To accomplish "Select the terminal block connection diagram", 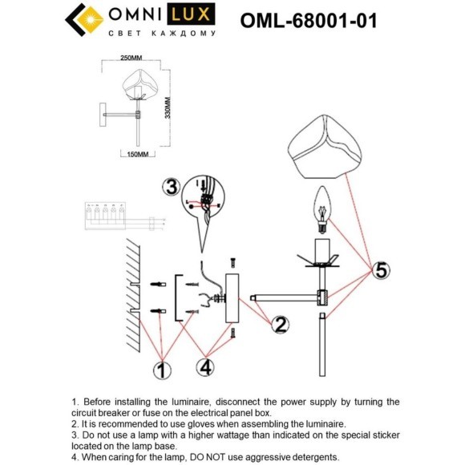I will coord(105,216).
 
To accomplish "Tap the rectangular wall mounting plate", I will coord(233,298).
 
